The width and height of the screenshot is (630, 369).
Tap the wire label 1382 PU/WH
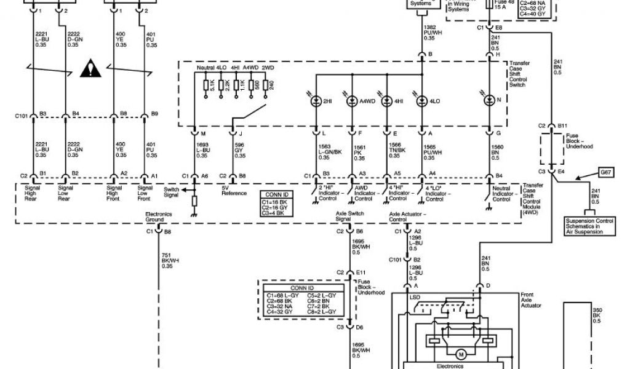429,33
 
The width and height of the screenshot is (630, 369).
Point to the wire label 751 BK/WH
167,261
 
